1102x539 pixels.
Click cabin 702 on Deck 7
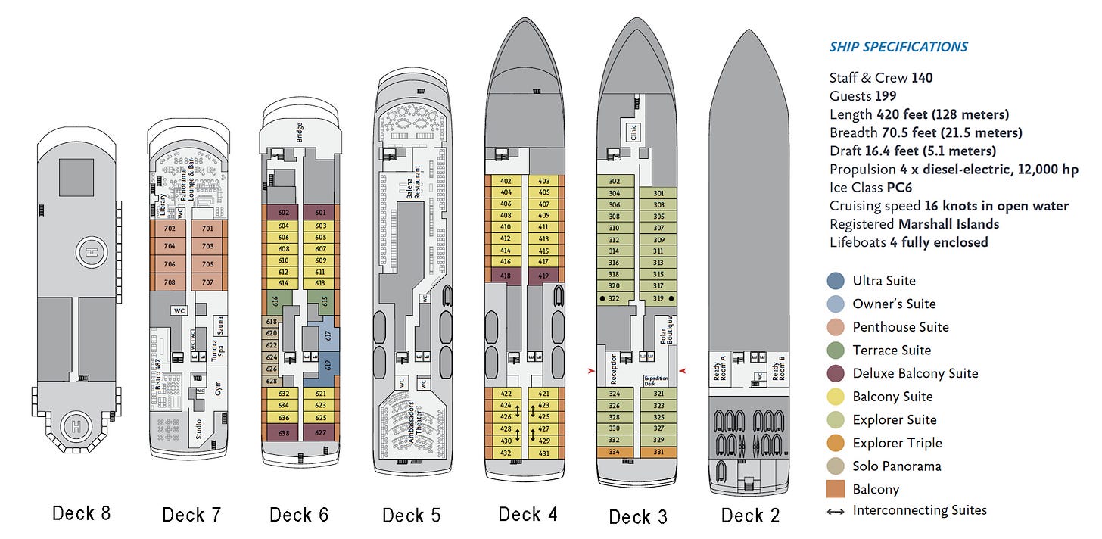pyautogui.click(x=170, y=229)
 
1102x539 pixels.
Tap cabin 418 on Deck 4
pyautogui.click(x=506, y=276)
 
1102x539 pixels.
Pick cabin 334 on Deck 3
pyautogui.click(x=614, y=452)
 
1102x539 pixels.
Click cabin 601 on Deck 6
pyautogui.click(x=319, y=213)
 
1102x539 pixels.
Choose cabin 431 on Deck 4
pyautogui.click(x=543, y=453)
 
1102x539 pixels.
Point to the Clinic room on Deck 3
pyautogui.click(x=633, y=132)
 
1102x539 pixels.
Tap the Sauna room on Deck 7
pyautogui.click(x=219, y=328)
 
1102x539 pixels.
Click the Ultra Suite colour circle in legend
pyautogui.click(x=836, y=281)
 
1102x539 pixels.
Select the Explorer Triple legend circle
pyautogui.click(x=836, y=443)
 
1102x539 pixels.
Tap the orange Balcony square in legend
pyautogui.click(x=836, y=489)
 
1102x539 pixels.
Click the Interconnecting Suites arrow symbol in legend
pyautogui.click(x=836, y=511)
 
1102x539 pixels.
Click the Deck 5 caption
pyautogui.click(x=411, y=516)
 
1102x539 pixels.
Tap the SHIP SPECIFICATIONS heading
pyautogui.click(x=898, y=47)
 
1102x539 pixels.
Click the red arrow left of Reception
pyautogui.click(x=592, y=371)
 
